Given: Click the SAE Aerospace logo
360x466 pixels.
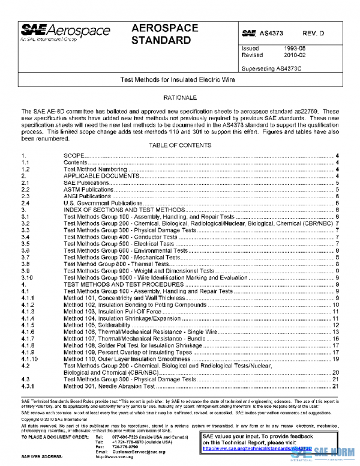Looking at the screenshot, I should point(65,31).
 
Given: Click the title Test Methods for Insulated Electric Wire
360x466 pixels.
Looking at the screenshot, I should point(178,79).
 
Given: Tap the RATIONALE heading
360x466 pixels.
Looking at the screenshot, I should point(179,97).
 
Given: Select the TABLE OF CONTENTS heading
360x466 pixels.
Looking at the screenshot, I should point(179,146).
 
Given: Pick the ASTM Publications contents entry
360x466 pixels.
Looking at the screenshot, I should point(89,189).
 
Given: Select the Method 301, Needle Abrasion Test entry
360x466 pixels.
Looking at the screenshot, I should point(107,386).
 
